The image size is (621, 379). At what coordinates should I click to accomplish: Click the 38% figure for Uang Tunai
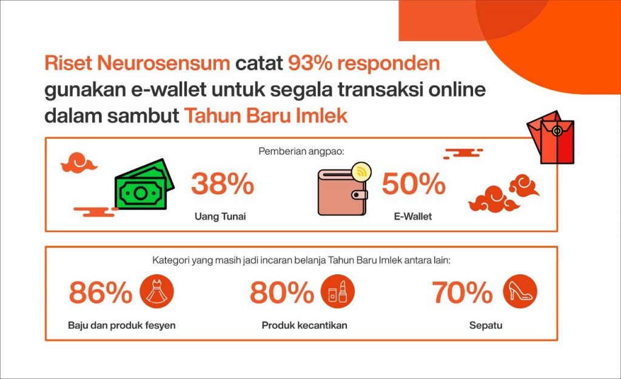point(223,184)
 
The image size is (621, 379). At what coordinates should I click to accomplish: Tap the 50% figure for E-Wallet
point(414,184)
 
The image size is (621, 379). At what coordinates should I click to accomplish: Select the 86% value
point(101,292)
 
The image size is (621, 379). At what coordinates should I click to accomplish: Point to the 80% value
point(282,292)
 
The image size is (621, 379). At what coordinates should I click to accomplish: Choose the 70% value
point(462,292)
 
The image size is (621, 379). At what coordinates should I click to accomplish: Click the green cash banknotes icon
point(144,184)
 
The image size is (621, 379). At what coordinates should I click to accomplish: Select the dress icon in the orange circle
point(157,292)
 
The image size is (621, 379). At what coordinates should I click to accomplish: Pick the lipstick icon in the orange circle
point(337,292)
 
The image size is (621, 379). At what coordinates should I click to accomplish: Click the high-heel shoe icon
point(520,292)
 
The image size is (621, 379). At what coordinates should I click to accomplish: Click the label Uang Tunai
point(220,217)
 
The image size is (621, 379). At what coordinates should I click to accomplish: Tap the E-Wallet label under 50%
point(412,217)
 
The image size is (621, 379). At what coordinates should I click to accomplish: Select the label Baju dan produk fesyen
point(121,326)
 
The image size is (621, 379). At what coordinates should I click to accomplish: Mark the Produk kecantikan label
point(304,326)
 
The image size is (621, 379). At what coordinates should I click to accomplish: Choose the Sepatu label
point(486,326)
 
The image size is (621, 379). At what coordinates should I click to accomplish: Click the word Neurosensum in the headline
point(164,63)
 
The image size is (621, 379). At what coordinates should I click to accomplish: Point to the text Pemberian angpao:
point(301,151)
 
